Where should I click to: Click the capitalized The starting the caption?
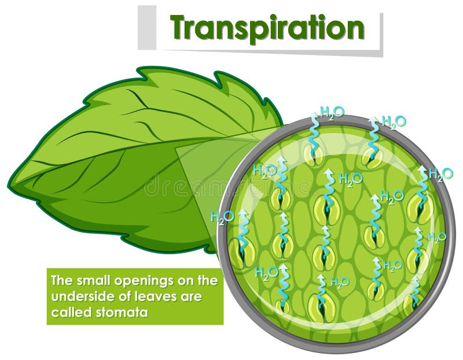pyautogui.click(x=60, y=282)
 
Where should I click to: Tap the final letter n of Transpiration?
pyautogui.click(x=354, y=27)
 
